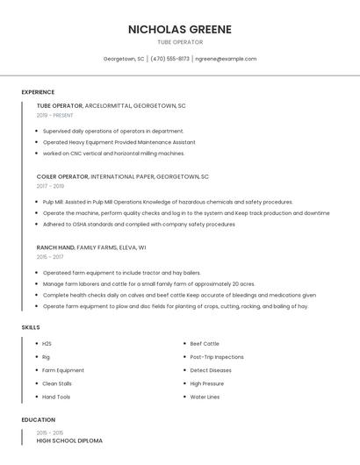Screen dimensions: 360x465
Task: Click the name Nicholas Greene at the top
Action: pyautogui.click(x=179, y=29)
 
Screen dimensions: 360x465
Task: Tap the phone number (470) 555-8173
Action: pyautogui.click(x=169, y=59)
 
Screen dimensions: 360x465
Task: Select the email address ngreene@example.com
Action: pyautogui.click(x=226, y=59)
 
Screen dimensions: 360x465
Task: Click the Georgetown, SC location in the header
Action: pyautogui.click(x=124, y=59)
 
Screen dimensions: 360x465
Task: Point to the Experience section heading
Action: pyautogui.click(x=38, y=92)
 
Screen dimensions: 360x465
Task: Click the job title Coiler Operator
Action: pyautogui.click(x=62, y=176)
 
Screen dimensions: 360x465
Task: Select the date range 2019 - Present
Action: pyautogui.click(x=55, y=115)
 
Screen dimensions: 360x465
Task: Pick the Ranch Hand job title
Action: pyautogui.click(x=55, y=247)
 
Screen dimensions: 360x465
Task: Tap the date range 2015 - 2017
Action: pyautogui.click(x=50, y=257)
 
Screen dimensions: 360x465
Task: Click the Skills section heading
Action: pyautogui.click(x=31, y=327)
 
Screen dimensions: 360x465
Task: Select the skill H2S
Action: pyautogui.click(x=47, y=343)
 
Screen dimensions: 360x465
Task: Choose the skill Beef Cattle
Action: pyautogui.click(x=205, y=343)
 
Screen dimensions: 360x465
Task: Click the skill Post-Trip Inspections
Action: pyautogui.click(x=217, y=357)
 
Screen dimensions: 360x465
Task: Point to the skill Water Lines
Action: pyautogui.click(x=205, y=397)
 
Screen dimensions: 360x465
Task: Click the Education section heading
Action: pyautogui.click(x=38, y=419)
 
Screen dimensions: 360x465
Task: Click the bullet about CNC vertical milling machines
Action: pyautogui.click(x=113, y=154)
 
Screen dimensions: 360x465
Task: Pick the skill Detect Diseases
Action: pyautogui.click(x=211, y=370)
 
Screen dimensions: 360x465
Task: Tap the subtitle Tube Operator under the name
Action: pyautogui.click(x=179, y=42)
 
